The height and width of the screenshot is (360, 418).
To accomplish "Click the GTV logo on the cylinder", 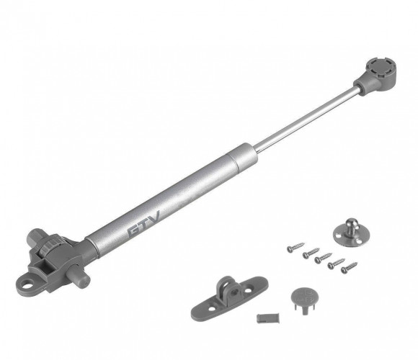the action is pyautogui.click(x=144, y=224).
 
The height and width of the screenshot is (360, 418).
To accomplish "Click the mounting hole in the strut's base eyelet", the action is pyautogui.click(x=26, y=285).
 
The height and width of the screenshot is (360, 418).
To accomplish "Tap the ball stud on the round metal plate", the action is pyautogui.click(x=352, y=225).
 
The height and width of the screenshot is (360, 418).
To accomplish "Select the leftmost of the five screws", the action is pyautogui.click(x=295, y=248).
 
